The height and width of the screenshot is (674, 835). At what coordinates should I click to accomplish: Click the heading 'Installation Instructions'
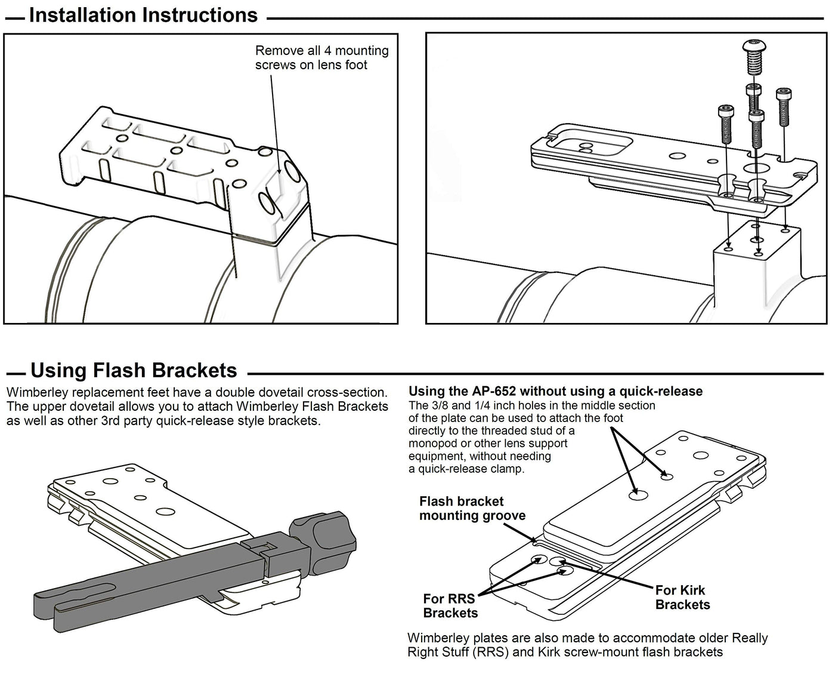(x=143, y=15)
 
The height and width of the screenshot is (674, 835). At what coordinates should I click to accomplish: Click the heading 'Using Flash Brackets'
(x=134, y=371)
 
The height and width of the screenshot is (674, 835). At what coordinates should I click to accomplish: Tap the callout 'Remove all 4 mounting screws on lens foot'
(x=321, y=58)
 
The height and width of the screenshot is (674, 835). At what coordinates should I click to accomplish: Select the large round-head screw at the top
(x=754, y=55)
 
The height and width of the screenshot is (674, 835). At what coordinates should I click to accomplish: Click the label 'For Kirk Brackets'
(x=682, y=598)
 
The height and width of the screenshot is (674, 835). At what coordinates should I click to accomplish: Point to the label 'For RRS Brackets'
(x=450, y=606)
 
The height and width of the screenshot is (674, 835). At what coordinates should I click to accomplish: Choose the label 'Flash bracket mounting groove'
(x=472, y=509)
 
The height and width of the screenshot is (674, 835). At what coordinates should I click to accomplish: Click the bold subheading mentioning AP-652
(x=555, y=392)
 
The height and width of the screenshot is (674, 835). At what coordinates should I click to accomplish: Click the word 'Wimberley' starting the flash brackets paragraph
(x=33, y=393)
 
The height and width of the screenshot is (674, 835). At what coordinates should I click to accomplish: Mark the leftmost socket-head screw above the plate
(x=726, y=122)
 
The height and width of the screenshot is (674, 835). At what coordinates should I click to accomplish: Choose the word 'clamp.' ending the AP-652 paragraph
(x=507, y=469)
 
